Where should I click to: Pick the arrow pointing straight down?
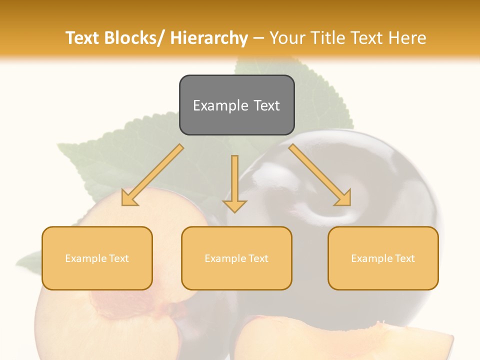(x=234, y=182)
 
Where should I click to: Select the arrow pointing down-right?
(x=320, y=175)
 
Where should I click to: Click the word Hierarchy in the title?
(x=209, y=38)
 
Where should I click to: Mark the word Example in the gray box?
(x=220, y=105)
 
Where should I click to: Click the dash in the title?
(x=258, y=38)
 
